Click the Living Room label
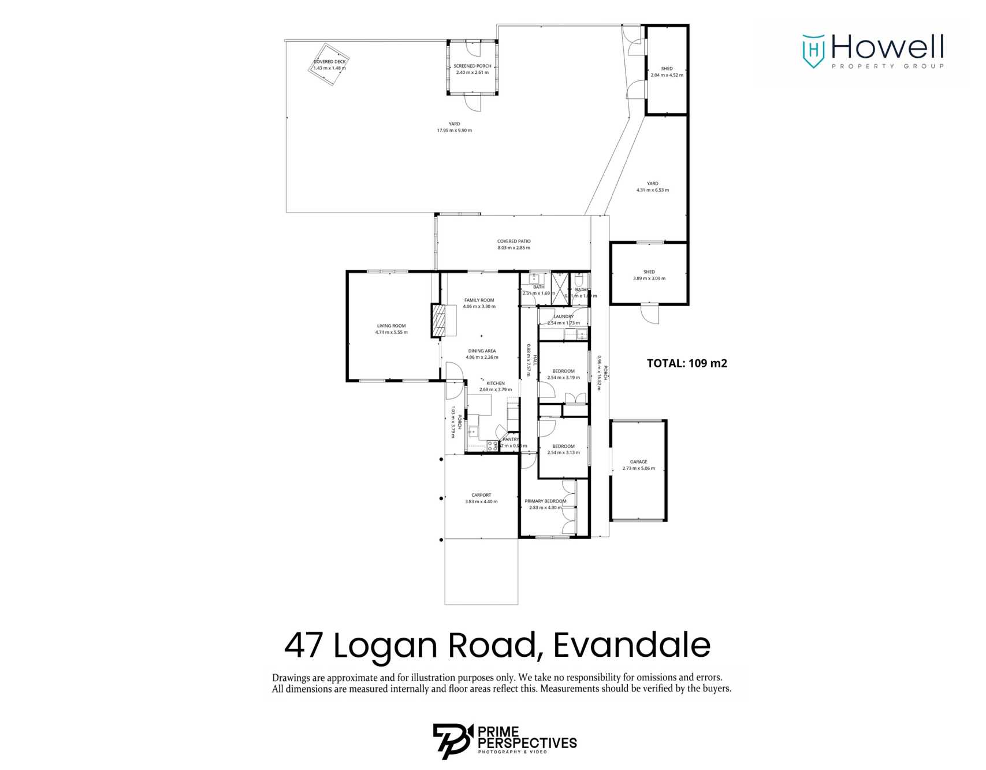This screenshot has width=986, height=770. [391, 326]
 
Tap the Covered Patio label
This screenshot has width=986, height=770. [514, 241]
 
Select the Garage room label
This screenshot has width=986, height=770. [638, 462]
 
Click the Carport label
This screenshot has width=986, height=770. [481, 495]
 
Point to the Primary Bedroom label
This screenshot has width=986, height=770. [545, 501]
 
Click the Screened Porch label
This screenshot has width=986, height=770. [472, 66]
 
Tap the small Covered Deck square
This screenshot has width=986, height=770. [329, 64]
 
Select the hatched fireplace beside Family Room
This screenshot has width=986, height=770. [439, 320]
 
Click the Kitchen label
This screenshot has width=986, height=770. [495, 383]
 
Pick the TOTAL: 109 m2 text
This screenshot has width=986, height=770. [686, 363]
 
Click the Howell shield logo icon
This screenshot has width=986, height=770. [813, 51]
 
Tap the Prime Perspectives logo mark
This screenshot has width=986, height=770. [452, 741]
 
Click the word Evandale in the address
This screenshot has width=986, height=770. [631, 645]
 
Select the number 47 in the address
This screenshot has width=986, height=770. [303, 645]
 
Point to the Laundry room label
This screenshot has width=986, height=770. [563, 317]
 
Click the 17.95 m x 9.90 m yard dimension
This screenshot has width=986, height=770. [454, 131]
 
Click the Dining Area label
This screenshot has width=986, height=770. [482, 351]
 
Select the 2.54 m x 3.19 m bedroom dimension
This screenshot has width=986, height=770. [563, 378]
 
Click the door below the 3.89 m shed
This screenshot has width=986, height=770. [650, 314]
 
